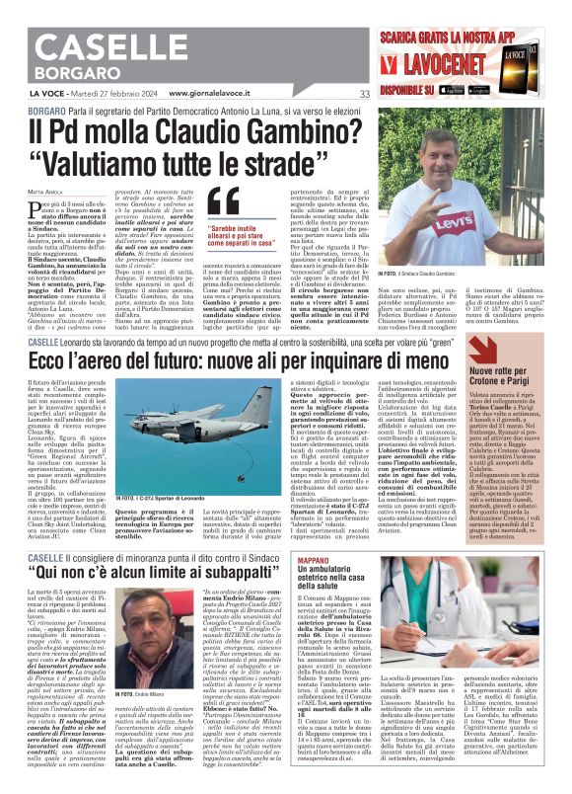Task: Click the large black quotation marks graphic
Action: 225,203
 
